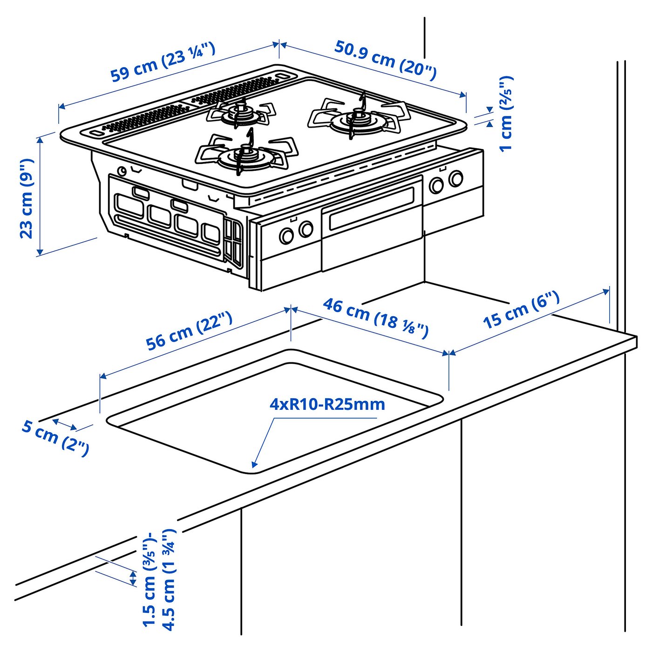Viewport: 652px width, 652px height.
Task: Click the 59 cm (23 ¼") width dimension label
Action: point(163,62)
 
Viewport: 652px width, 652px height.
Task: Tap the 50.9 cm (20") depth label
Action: point(386,60)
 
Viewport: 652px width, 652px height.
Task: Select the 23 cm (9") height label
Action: point(27,198)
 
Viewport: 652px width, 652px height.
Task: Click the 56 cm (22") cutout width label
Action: point(189,331)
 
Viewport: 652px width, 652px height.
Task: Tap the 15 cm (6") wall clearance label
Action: point(521,309)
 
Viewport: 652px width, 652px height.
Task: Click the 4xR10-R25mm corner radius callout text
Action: point(327,404)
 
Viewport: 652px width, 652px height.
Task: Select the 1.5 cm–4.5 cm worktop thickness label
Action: point(159,579)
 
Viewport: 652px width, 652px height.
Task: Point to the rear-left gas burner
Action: point(241,113)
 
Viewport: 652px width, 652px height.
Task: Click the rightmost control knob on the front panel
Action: point(455,178)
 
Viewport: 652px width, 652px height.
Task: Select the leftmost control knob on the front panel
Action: point(286,236)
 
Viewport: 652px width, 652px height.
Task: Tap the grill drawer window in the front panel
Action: point(371,208)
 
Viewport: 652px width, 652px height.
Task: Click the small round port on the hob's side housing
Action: point(122,171)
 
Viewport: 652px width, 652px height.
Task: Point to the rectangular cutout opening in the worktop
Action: point(275,412)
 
